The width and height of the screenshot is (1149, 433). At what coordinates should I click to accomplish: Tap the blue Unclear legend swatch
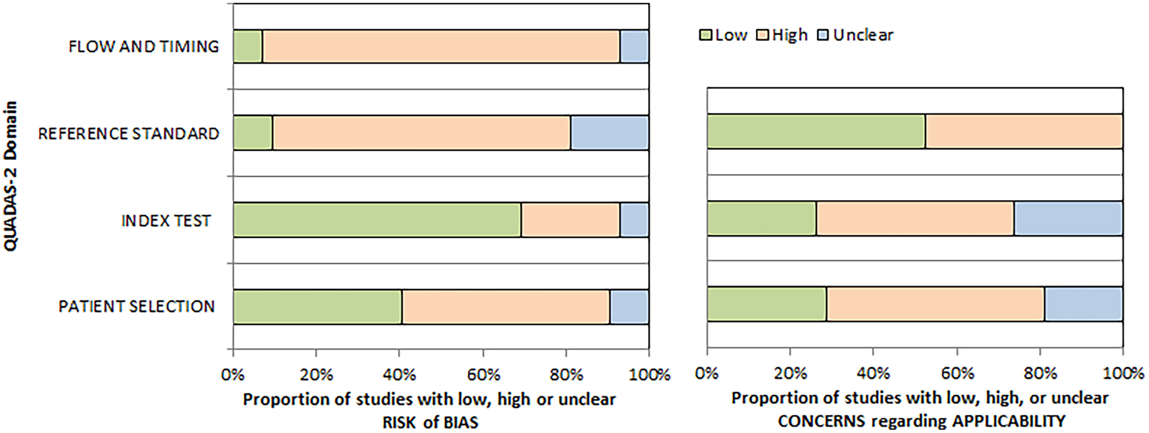(823, 35)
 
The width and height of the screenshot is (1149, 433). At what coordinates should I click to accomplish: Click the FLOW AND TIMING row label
(144, 46)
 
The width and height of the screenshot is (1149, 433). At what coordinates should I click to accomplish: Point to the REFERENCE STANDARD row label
(129, 133)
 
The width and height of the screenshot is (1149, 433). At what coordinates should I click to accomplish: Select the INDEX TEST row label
(166, 220)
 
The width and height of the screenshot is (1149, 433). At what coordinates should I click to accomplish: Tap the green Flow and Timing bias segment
(248, 46)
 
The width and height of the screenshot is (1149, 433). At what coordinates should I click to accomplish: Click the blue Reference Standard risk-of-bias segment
(610, 133)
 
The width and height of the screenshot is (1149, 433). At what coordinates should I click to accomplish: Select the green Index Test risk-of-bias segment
(377, 220)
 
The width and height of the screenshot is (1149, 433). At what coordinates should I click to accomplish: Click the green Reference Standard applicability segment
(816, 131)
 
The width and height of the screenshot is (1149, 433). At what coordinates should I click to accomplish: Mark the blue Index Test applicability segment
(1068, 218)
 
